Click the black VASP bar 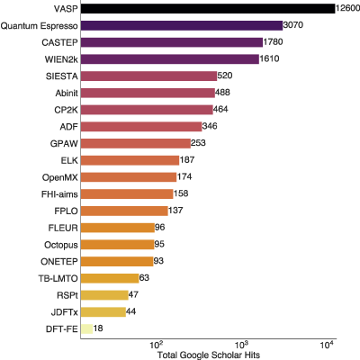coord(208,9)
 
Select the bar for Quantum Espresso coord(182,25)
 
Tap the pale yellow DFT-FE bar coord(86,328)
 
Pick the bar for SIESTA coord(148,76)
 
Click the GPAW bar coord(136,143)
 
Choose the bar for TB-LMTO coord(110,278)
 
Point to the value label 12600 coord(347,8)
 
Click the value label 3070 coord(293,24)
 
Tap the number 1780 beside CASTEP coord(273,41)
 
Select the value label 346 coord(210,126)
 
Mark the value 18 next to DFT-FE coord(98,328)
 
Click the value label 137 coord(175,210)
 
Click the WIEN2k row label coord(61,59)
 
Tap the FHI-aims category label coord(59,194)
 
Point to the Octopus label coord(61,245)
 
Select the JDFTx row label coord(65,312)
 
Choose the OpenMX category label coord(60,177)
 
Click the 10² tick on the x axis coord(156,345)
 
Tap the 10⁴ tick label coord(327,345)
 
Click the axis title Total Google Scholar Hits coord(209,355)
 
